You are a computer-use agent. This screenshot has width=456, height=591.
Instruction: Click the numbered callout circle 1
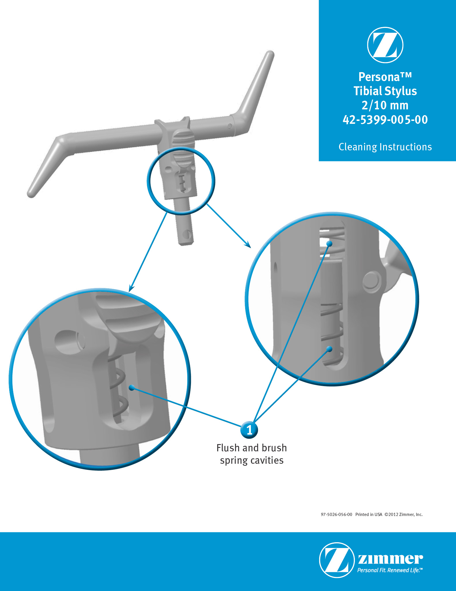pos(249,430)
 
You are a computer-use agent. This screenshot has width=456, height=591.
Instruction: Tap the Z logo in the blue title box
pos(385,45)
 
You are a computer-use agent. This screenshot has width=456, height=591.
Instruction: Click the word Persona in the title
pos(379,77)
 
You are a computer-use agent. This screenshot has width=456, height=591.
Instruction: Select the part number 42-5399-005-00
pos(385,119)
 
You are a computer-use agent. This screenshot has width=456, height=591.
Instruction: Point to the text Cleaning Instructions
pos(385,147)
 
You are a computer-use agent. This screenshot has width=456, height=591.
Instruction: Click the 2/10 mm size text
pos(385,105)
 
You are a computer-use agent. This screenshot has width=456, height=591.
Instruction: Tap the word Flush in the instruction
pos(228,448)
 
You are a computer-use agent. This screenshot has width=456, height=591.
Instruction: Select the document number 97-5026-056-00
pos(336,515)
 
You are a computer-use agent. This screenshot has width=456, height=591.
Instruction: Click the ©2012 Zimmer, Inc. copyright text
pos(404,515)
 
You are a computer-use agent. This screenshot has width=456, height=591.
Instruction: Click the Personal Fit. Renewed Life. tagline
pos(390,570)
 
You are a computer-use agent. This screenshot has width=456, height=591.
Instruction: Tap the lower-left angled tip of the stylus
pos(31,194)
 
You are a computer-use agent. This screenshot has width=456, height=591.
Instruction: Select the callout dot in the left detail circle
pos(132,388)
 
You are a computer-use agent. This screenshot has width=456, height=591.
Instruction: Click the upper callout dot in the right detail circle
pos(329,244)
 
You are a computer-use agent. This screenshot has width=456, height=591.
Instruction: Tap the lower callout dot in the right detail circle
pos(329,349)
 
